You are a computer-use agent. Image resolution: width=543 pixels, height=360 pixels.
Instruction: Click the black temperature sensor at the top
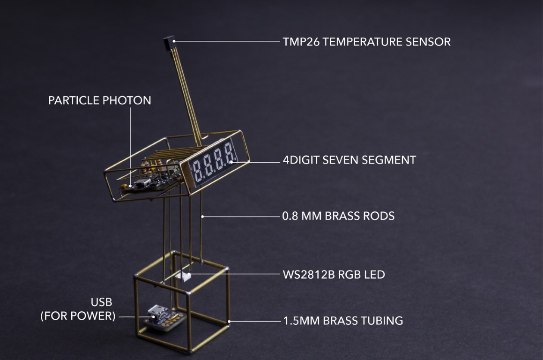pos(169,43)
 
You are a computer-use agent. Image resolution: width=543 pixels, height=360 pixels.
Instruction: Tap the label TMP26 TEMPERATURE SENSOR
pos(367,42)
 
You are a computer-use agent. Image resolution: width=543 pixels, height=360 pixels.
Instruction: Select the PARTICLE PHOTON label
pos(100,100)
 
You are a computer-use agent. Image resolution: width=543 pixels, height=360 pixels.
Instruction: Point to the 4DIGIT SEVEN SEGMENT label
pos(350,160)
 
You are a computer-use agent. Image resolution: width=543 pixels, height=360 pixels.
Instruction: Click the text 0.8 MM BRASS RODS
pos(338,216)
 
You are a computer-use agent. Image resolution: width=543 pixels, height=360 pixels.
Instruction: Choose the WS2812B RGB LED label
pos(334,275)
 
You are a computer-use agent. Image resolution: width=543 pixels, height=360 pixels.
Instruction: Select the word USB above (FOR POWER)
pos(102,302)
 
